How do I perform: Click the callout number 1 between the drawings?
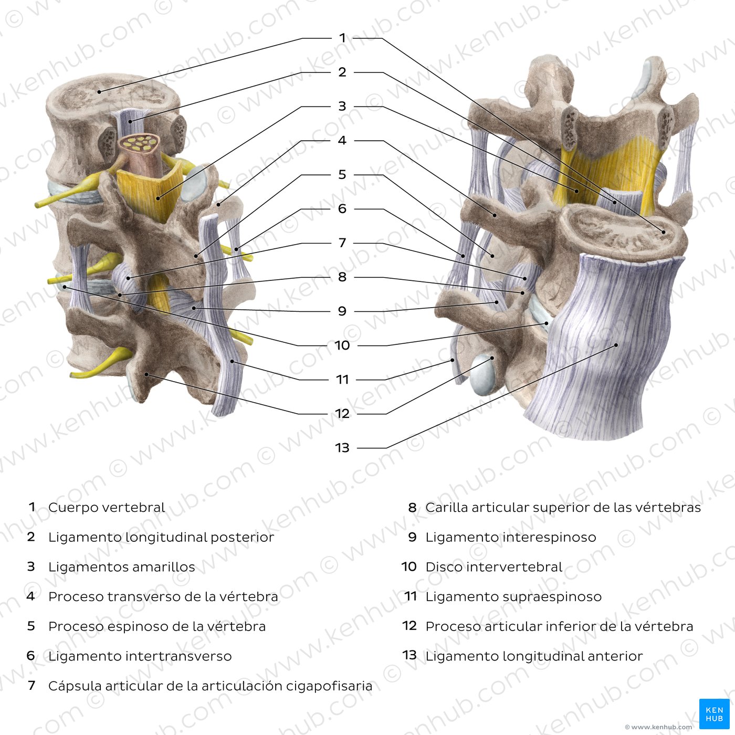pyautogui.click(x=342, y=38)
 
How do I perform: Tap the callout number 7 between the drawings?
pyautogui.click(x=342, y=243)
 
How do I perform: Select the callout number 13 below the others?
pyautogui.click(x=342, y=448)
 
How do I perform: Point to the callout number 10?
pyautogui.click(x=342, y=345)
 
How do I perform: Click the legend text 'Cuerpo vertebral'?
pyautogui.click(x=107, y=508)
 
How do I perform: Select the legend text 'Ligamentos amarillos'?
pyautogui.click(x=121, y=567)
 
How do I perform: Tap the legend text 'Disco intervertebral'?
pyautogui.click(x=493, y=567)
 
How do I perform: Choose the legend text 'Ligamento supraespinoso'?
pyautogui.click(x=513, y=597)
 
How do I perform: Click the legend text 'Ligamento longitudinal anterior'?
pyautogui.click(x=534, y=656)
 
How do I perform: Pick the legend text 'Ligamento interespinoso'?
pyautogui.click(x=511, y=538)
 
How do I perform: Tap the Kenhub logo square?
pyautogui.click(x=714, y=714)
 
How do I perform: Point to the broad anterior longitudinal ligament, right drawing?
pyautogui.click(x=604, y=341)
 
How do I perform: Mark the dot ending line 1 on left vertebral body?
pyautogui.click(x=99, y=92)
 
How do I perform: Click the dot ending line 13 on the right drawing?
pyautogui.click(x=616, y=345)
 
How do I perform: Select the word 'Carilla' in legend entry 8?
pyautogui.click(x=446, y=508)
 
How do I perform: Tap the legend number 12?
pyautogui.click(x=409, y=626)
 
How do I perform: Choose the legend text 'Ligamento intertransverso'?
pyautogui.click(x=140, y=656)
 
